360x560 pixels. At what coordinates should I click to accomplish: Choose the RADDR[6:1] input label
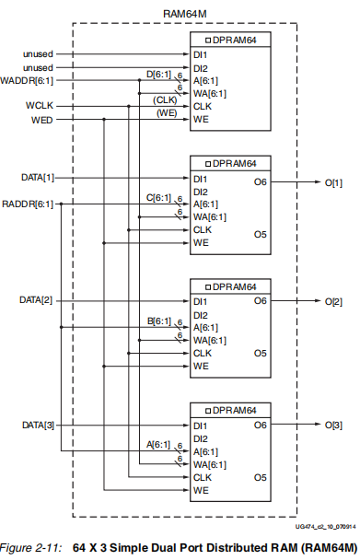[x=28, y=203]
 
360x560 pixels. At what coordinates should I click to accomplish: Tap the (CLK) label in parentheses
[x=165, y=99]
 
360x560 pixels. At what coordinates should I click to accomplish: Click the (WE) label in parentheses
[x=166, y=112]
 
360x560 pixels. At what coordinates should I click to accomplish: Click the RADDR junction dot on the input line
[x=61, y=204]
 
